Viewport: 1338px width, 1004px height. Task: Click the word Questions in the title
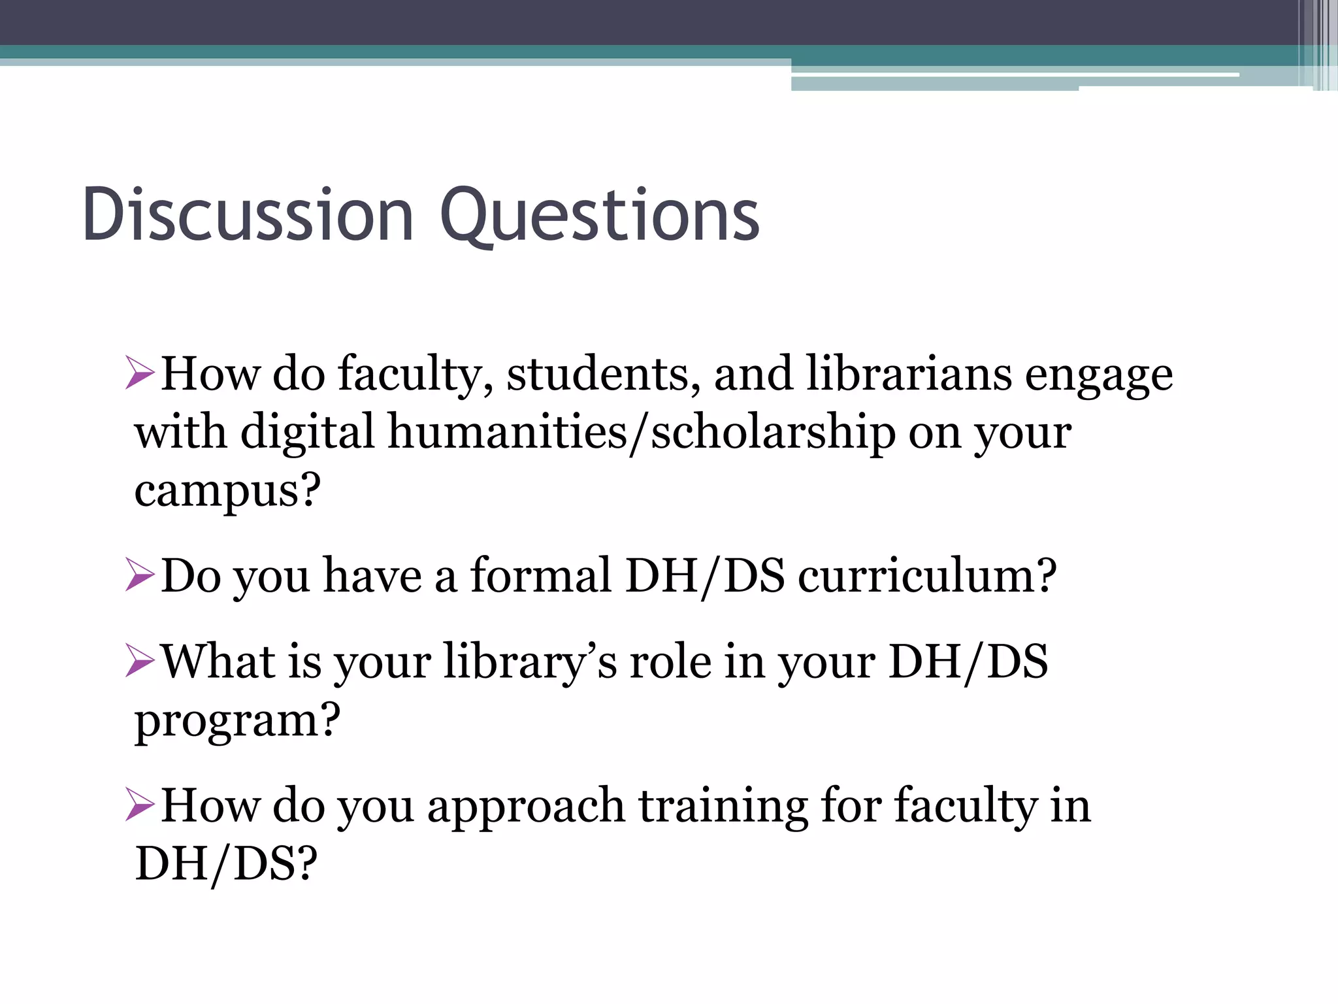tap(600, 216)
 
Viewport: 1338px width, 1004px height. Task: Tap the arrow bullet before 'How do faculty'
tap(140, 373)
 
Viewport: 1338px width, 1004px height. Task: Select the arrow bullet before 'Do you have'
tap(140, 575)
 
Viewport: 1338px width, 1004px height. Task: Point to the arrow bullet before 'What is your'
tap(140, 661)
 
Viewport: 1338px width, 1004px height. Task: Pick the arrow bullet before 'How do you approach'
tap(140, 805)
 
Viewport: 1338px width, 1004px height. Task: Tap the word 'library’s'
tap(530, 662)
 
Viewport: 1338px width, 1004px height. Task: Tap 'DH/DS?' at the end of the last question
tap(226, 863)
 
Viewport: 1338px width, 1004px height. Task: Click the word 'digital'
tap(308, 434)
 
